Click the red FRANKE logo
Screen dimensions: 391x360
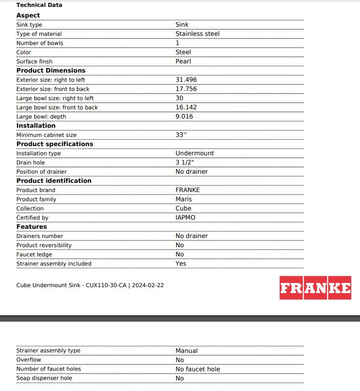coord(315,288)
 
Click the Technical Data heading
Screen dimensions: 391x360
coord(39,5)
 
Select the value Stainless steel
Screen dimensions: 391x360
coord(197,34)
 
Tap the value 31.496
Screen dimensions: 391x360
coord(186,79)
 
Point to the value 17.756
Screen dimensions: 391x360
coord(186,89)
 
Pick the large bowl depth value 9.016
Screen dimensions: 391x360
coord(184,116)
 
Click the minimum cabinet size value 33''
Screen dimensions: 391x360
coord(181,135)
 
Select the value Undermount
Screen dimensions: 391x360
coord(195,153)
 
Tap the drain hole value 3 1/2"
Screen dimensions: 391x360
coord(185,162)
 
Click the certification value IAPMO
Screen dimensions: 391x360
coord(185,217)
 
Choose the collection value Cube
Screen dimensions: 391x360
coord(183,208)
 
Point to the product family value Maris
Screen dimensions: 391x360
coord(184,199)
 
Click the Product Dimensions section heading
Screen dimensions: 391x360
coord(51,70)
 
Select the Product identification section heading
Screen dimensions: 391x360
coord(54,181)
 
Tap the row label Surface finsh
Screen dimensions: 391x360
coord(34,61)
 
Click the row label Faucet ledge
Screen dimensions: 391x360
coord(34,254)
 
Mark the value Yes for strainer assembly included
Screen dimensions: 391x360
coord(181,263)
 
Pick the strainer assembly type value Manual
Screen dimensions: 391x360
coord(186,351)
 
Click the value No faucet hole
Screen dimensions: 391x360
coord(197,369)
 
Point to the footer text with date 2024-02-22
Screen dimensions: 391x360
coord(90,285)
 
